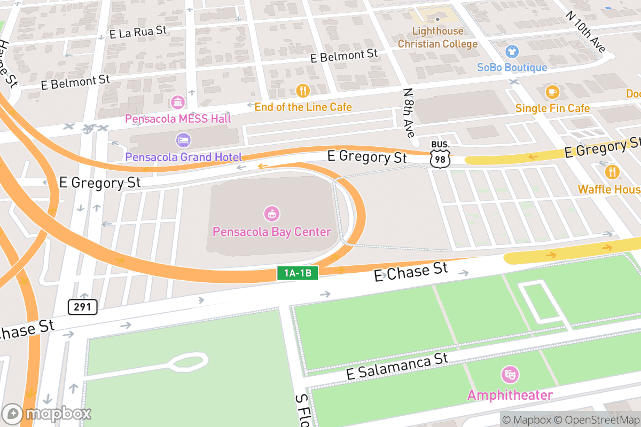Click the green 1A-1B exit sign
298,273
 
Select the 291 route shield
82,306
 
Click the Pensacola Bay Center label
272,232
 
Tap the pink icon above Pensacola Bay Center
272,215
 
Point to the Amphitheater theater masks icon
510,374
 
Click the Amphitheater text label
510,395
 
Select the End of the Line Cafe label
303,107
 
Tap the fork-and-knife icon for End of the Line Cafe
303,91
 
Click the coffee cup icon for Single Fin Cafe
552,92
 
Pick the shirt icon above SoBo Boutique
512,52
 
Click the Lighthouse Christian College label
437,37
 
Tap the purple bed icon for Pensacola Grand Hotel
183,140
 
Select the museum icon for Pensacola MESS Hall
178,102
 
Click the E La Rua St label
138,32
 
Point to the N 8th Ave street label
409,113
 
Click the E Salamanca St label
397,366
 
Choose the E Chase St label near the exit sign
411,271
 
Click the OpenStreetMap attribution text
596,420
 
